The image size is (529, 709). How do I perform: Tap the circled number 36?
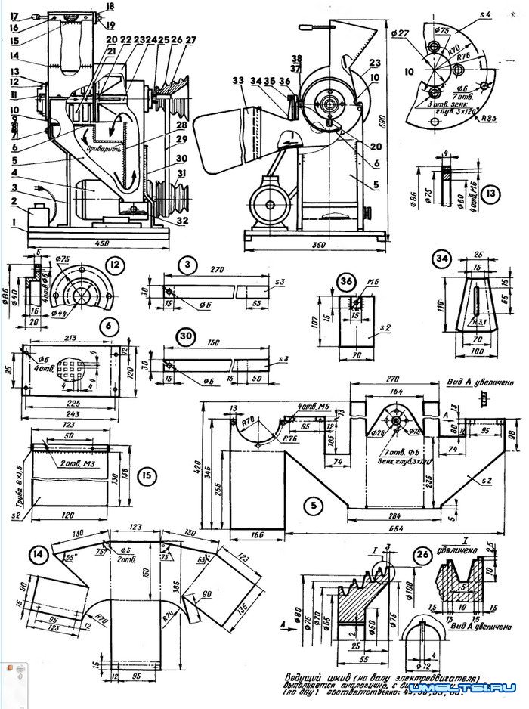(x=347, y=280)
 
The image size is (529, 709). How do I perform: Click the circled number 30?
(x=185, y=336)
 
